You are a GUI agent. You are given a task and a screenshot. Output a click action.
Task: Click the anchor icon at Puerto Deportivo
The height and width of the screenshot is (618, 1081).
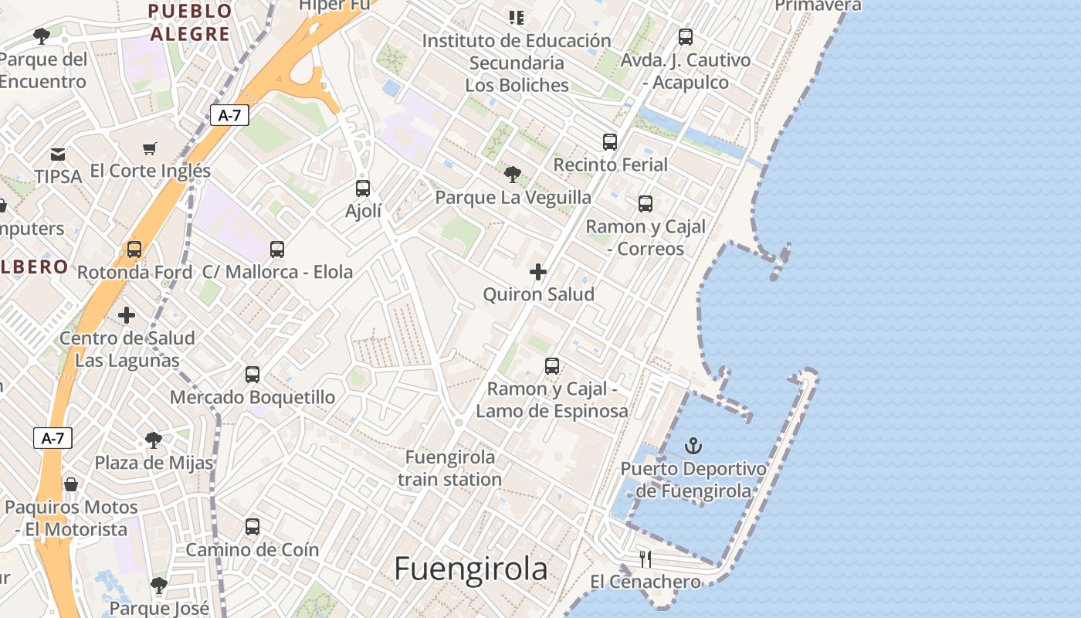(x=693, y=446)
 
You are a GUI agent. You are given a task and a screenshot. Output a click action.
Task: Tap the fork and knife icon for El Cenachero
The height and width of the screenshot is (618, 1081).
(x=646, y=559)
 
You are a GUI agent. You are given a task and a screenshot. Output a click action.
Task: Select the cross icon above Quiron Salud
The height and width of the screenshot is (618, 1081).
(x=538, y=272)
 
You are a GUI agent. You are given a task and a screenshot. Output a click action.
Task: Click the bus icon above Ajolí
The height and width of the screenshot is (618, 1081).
(x=363, y=188)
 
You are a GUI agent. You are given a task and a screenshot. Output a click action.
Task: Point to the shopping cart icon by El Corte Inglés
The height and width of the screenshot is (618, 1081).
(x=150, y=148)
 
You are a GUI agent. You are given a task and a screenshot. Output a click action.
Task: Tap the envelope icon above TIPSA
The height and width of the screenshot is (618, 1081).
(x=58, y=154)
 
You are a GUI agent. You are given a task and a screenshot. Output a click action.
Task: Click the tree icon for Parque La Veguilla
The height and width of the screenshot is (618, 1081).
(x=512, y=175)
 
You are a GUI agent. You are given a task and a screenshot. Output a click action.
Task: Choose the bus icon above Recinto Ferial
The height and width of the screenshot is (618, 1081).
(x=610, y=142)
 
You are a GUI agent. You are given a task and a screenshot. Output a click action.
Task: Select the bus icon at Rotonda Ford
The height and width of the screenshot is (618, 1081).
(x=134, y=250)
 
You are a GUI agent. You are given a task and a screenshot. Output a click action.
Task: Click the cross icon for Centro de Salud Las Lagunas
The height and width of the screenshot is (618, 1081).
(x=127, y=315)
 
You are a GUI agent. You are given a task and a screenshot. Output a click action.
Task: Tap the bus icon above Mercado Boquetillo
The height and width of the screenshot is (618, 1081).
(x=252, y=375)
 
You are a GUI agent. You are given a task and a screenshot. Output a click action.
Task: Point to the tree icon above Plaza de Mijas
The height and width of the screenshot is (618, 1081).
(x=154, y=440)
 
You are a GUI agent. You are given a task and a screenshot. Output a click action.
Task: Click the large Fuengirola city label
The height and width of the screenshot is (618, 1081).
(x=471, y=569)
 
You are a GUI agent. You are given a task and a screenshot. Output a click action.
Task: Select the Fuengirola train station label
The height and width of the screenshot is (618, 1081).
(x=450, y=468)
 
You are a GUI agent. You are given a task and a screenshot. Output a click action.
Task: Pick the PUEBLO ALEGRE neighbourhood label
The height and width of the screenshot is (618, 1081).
(x=190, y=22)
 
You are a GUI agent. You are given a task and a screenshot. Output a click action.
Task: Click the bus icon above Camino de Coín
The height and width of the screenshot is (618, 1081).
(x=252, y=527)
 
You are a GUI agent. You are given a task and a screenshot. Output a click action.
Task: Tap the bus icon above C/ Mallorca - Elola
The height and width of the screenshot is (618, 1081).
(x=277, y=250)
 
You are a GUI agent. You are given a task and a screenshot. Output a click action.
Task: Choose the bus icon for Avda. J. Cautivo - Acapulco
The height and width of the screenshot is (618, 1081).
(x=686, y=37)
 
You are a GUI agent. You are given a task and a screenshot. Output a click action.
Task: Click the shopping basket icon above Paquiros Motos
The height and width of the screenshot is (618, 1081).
(x=71, y=484)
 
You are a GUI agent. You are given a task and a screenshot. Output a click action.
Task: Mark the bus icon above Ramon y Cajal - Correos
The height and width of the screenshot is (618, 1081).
(x=646, y=204)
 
